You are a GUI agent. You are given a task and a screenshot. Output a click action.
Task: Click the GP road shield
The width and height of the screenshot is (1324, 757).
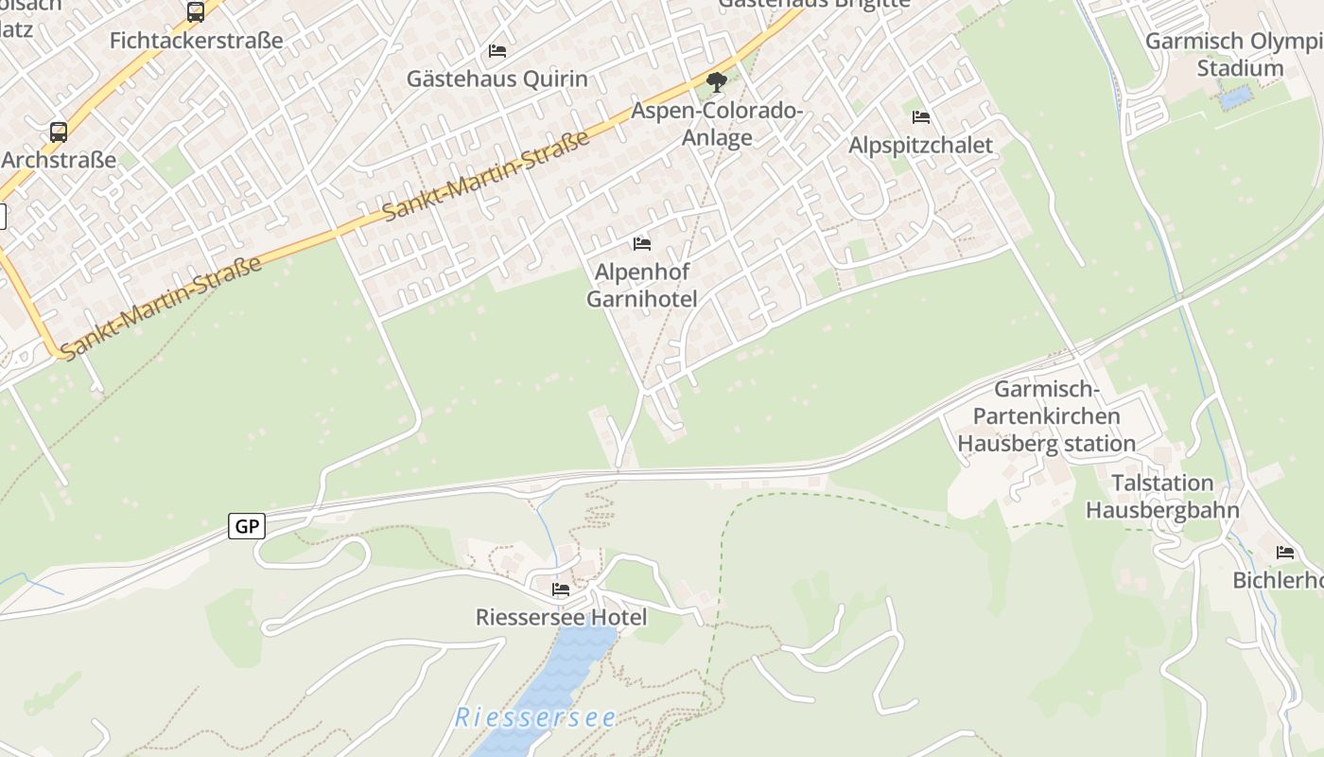(247, 526)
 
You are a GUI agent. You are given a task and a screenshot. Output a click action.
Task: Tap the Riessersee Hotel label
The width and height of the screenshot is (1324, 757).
(561, 618)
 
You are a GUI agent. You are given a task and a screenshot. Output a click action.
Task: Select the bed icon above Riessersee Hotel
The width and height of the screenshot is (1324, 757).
(561, 590)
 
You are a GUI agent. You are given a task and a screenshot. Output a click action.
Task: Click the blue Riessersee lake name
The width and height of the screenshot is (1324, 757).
(535, 717)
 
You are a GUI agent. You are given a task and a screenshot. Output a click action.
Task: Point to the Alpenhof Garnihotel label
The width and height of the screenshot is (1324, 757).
(642, 286)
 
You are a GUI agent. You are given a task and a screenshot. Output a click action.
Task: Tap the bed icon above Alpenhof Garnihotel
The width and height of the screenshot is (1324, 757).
(642, 244)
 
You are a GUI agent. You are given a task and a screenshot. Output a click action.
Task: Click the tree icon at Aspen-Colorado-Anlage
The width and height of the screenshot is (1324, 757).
(717, 82)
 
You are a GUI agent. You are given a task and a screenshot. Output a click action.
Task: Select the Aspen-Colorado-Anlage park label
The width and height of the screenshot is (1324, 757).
(718, 124)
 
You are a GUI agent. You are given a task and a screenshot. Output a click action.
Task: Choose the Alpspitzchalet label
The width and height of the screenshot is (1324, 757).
(920, 145)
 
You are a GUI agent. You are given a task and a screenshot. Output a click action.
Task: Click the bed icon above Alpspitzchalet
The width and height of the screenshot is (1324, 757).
(921, 117)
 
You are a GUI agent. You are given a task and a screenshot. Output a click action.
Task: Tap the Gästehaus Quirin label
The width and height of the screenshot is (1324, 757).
(497, 79)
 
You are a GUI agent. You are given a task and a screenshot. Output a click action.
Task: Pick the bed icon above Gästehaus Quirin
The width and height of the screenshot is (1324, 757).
(497, 50)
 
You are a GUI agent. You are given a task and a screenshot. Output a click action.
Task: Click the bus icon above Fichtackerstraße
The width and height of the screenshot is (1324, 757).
(196, 12)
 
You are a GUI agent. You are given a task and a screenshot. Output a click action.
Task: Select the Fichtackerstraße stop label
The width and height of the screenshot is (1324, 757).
(197, 41)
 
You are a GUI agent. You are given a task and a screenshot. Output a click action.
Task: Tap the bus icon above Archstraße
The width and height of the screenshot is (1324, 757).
(59, 132)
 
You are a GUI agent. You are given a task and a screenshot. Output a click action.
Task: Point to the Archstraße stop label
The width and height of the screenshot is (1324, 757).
(59, 159)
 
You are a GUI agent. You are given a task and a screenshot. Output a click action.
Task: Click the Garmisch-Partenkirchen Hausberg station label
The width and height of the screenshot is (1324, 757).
(1046, 416)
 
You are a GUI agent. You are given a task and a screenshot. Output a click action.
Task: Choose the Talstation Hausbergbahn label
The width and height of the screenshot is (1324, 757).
(1162, 496)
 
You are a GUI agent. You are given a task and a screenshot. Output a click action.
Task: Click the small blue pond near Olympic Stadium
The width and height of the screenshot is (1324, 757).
(1235, 98)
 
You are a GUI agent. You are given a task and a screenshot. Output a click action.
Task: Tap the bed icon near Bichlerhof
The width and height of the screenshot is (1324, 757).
(1284, 553)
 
